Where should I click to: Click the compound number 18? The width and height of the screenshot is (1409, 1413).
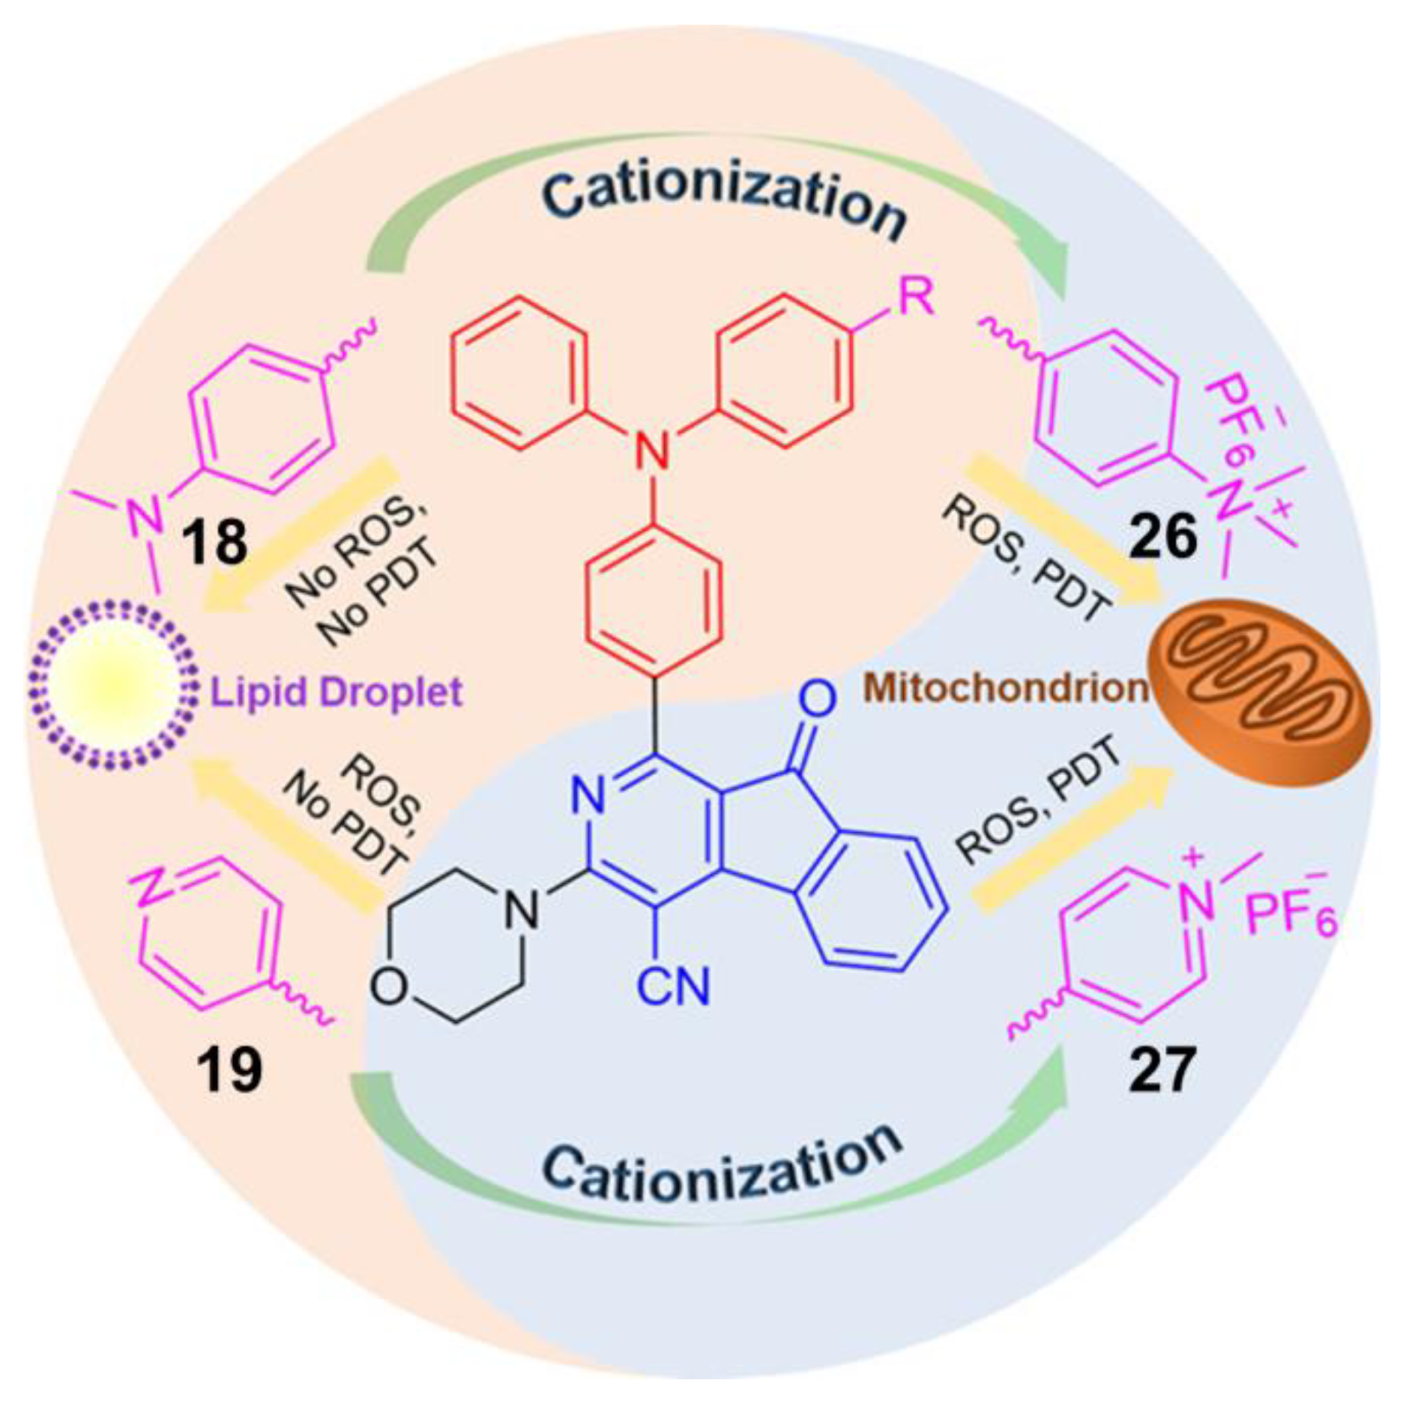pos(214,542)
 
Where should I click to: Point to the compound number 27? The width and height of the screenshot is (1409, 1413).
pos(1160,1070)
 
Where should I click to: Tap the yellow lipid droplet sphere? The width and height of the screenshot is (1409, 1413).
pos(111,686)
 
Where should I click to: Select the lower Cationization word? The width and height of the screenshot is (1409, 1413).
pos(721,1166)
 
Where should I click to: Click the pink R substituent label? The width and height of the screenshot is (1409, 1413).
pos(916,298)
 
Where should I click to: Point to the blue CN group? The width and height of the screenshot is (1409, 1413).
pos(672,986)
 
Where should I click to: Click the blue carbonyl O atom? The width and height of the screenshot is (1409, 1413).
pos(816,698)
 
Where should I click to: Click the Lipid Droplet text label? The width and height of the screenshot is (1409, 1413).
pos(336,692)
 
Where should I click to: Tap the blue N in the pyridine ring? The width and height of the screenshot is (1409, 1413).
pos(588,795)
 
